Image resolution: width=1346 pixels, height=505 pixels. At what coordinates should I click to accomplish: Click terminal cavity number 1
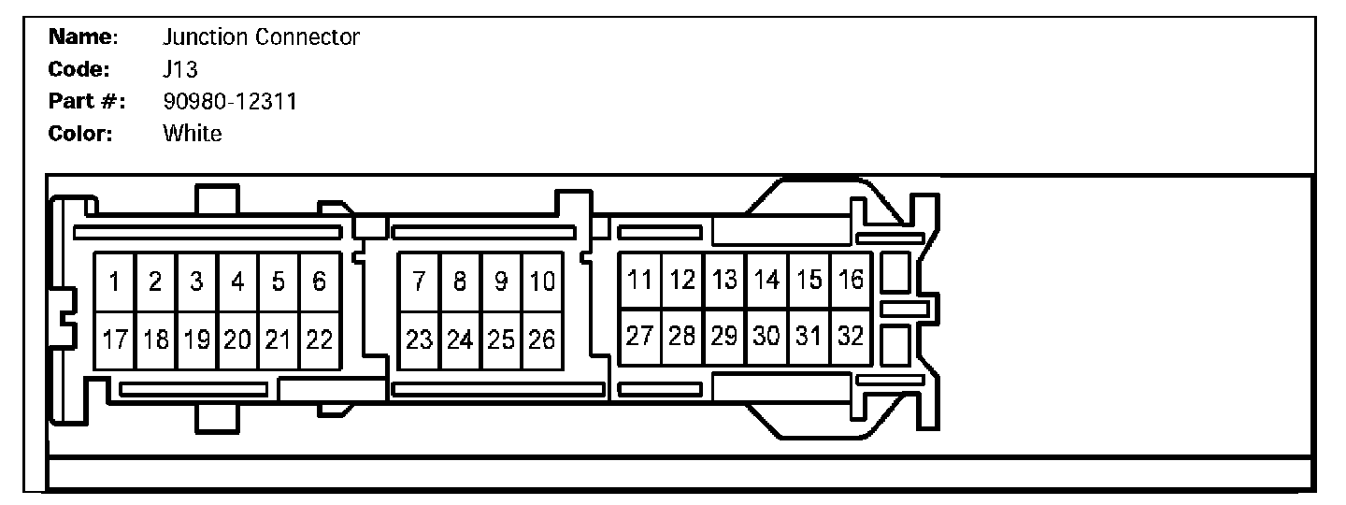pyautogui.click(x=114, y=281)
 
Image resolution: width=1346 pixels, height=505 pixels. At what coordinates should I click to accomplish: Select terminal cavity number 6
pyautogui.click(x=320, y=281)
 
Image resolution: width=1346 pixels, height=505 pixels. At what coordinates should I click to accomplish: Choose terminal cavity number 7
pyautogui.click(x=420, y=281)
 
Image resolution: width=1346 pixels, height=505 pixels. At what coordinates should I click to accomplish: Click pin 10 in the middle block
pyautogui.click(x=542, y=281)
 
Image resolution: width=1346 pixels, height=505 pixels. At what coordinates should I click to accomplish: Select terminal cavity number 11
pyautogui.click(x=640, y=279)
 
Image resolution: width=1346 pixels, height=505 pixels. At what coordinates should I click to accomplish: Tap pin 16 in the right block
pyautogui.click(x=851, y=279)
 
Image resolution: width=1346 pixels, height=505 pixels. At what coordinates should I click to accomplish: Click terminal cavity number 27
pyautogui.click(x=640, y=337)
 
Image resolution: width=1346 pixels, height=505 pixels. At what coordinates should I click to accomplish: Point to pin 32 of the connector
pyautogui.click(x=851, y=337)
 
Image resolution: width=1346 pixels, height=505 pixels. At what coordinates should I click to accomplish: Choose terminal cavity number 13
pyautogui.click(x=724, y=279)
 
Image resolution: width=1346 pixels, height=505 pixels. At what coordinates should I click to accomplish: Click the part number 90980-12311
pyautogui.click(x=229, y=101)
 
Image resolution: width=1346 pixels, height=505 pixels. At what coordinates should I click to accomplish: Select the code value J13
pyautogui.click(x=179, y=69)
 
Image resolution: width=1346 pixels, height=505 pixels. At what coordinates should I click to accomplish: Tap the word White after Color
pyautogui.click(x=193, y=133)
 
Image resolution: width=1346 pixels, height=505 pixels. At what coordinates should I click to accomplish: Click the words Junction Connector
pyautogui.click(x=261, y=37)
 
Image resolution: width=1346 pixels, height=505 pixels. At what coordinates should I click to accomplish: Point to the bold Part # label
pyautogui.click(x=87, y=101)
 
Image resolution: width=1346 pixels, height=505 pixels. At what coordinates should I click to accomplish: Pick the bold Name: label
pyautogui.click(x=83, y=37)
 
